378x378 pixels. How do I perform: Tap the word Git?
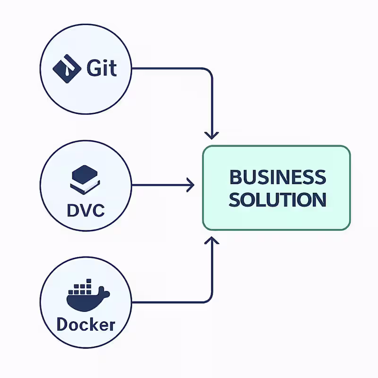click(x=102, y=69)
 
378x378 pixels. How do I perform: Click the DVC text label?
click(x=85, y=210)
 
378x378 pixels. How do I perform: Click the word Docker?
click(x=86, y=325)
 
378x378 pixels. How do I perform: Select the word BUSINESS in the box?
click(x=277, y=178)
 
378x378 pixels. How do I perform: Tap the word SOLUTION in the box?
click(x=277, y=199)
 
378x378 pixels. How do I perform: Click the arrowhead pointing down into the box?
click(x=213, y=135)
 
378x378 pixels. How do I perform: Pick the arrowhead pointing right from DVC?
click(x=191, y=185)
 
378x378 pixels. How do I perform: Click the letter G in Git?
click(x=94, y=69)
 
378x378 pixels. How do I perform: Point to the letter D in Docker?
click(x=62, y=325)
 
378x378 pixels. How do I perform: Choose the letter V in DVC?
click(x=85, y=210)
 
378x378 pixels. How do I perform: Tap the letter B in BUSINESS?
click(x=234, y=178)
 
